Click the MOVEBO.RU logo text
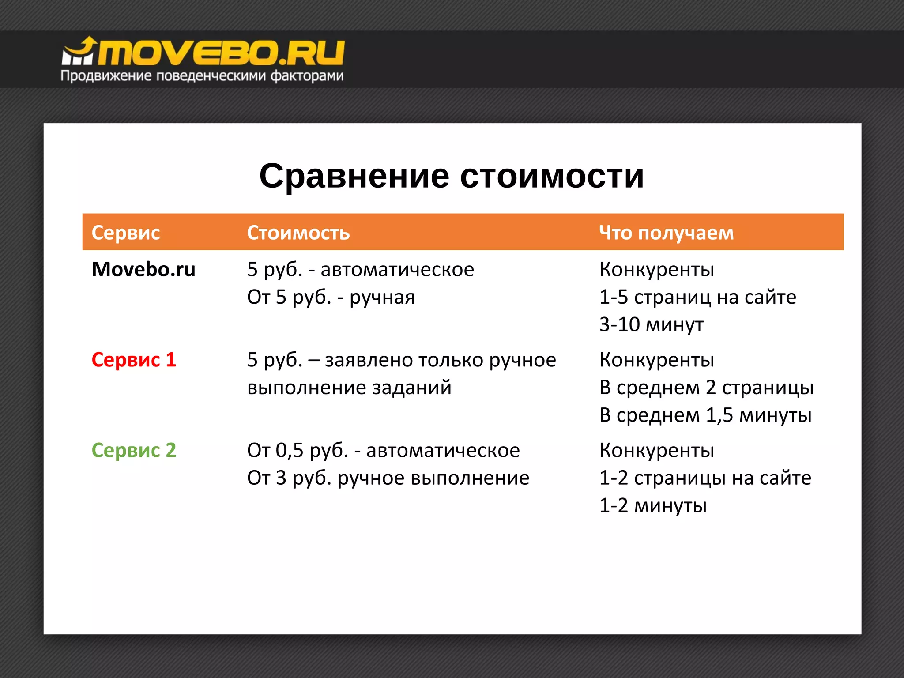pyautogui.click(x=221, y=53)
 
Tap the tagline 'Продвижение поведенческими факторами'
pyautogui.click(x=202, y=76)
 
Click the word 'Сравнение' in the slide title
pyautogui.click(x=354, y=176)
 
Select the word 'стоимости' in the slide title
pyautogui.click(x=552, y=176)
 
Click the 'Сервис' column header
pyautogui.click(x=125, y=233)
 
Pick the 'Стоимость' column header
pyautogui.click(x=298, y=233)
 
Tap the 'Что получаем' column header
pyautogui.click(x=666, y=233)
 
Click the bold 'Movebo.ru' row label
pyautogui.click(x=143, y=269)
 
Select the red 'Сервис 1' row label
pyautogui.click(x=134, y=360)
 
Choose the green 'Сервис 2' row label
pyautogui.click(x=134, y=450)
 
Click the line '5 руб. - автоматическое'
pyautogui.click(x=360, y=269)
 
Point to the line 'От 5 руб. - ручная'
pyautogui.click(x=331, y=297)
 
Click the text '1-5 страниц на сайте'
pyautogui.click(x=697, y=297)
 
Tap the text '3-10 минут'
pyautogui.click(x=651, y=324)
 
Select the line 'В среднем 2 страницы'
pyautogui.click(x=706, y=388)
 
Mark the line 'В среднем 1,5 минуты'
pyautogui.click(x=705, y=415)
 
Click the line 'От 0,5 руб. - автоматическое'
pyautogui.click(x=383, y=450)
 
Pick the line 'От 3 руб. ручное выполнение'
pyautogui.click(x=388, y=478)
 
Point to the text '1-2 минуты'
pyautogui.click(x=653, y=505)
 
